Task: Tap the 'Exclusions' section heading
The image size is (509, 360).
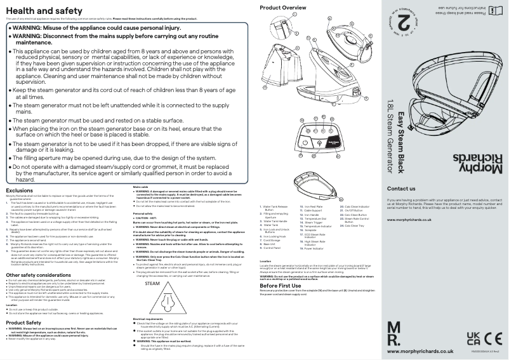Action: click(19, 190)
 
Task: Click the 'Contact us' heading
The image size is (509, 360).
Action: click(401, 189)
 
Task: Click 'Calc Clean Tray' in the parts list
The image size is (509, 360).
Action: click(356, 226)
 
